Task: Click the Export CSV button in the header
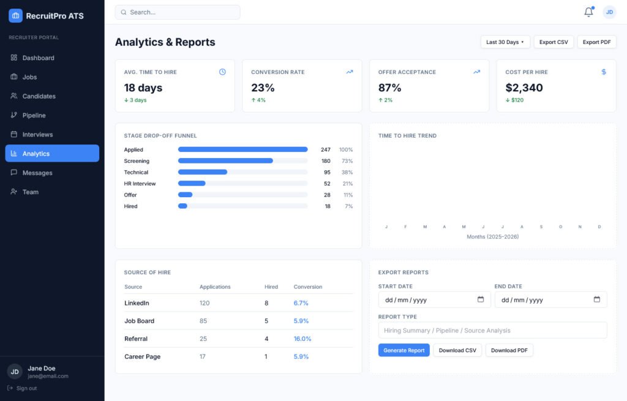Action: tap(554, 42)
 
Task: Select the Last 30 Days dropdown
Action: tap(505, 42)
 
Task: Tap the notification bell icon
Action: tap(588, 12)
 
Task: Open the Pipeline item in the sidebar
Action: tap(34, 115)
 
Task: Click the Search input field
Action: tap(178, 12)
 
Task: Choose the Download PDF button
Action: tap(509, 350)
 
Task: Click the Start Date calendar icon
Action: tap(481, 299)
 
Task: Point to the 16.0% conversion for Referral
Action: tap(302, 339)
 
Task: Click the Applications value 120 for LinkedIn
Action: tap(205, 303)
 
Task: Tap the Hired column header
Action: tap(271, 287)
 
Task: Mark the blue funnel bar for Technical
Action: tap(203, 172)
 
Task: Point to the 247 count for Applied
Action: tap(325, 149)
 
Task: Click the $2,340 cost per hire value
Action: tap(524, 88)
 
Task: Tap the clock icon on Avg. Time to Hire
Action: tap(222, 72)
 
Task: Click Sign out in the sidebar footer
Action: tap(26, 388)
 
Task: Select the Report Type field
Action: tap(492, 330)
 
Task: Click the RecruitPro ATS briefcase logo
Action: tap(15, 16)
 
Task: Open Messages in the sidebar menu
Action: tap(37, 173)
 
